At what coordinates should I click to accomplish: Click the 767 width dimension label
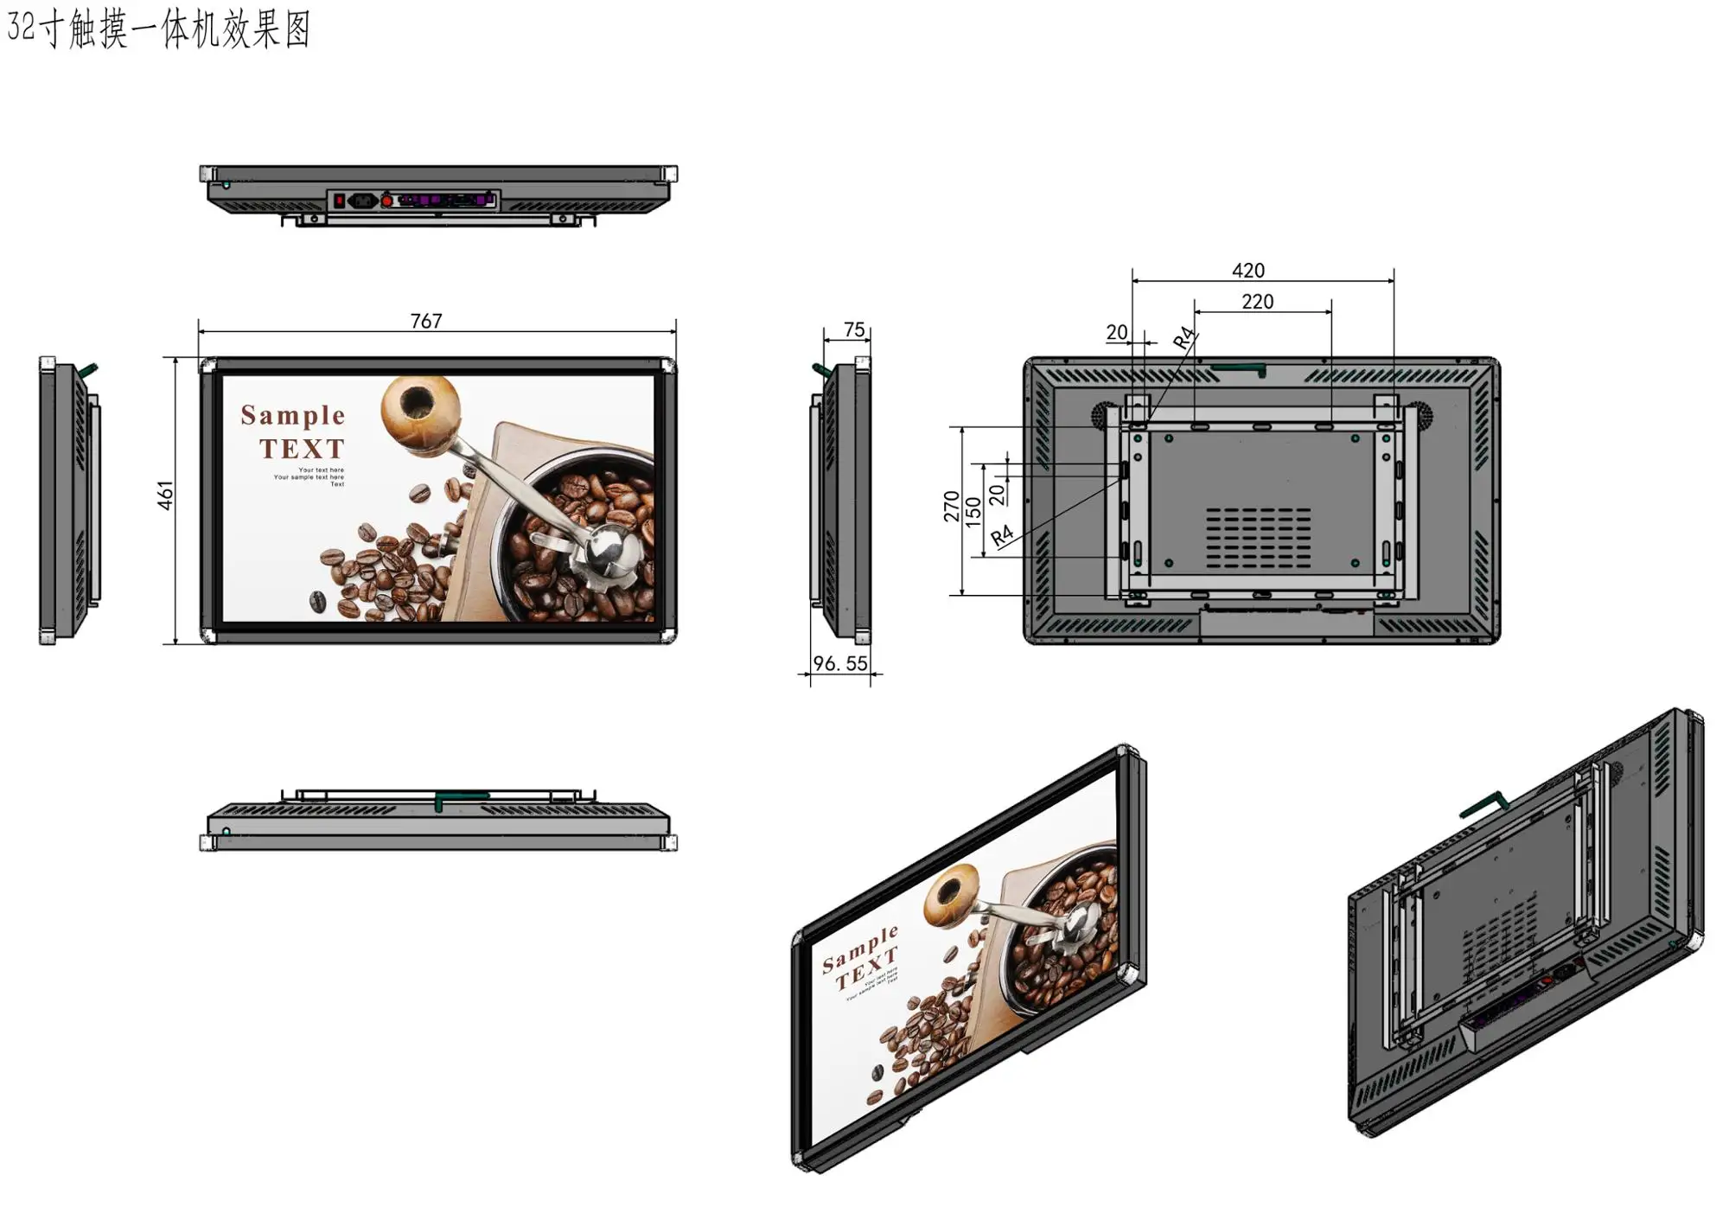click(x=426, y=321)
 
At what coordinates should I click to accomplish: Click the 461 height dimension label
click(x=165, y=495)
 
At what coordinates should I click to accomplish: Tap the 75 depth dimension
click(x=854, y=329)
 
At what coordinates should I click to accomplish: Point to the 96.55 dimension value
click(x=840, y=663)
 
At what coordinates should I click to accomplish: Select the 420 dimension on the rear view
click(x=1248, y=271)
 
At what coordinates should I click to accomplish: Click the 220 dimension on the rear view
click(x=1257, y=302)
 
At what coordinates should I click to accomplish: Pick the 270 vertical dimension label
click(x=951, y=506)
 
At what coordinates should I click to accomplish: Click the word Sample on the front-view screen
click(x=293, y=416)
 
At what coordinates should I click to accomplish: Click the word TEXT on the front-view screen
click(x=302, y=449)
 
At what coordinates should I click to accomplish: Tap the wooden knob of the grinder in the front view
click(x=419, y=406)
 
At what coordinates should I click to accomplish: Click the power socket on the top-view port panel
click(x=362, y=201)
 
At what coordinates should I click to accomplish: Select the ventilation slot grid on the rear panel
click(x=1258, y=537)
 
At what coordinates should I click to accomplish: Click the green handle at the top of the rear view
click(x=1238, y=369)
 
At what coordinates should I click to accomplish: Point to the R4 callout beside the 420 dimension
click(x=1184, y=337)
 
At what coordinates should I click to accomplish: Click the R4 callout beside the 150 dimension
click(x=1001, y=536)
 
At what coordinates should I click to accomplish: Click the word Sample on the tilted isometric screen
click(x=860, y=949)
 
